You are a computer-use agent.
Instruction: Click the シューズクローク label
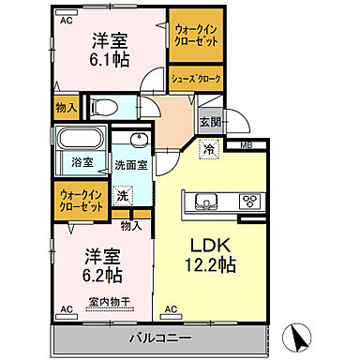tap(195, 80)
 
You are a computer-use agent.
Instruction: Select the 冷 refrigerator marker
tap(210, 147)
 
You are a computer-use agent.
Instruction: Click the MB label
tap(247, 143)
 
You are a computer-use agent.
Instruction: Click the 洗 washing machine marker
tap(122, 196)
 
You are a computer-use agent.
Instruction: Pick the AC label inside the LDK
tap(171, 308)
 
